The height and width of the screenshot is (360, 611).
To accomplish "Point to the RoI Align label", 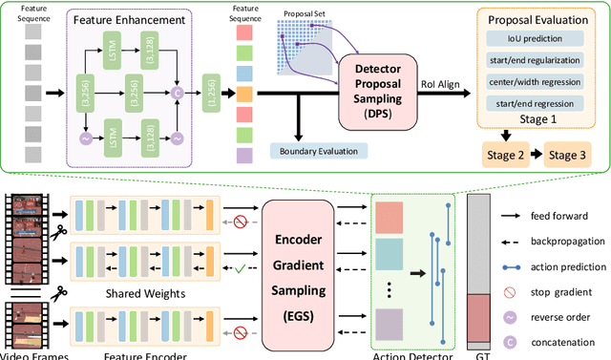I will (440, 83).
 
